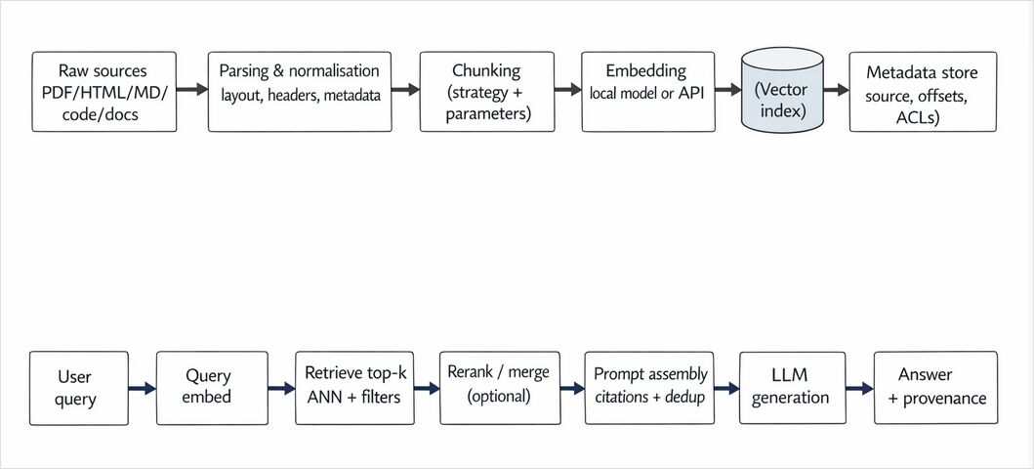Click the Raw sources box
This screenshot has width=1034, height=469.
(x=104, y=92)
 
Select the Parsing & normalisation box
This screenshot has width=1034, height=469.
(x=300, y=92)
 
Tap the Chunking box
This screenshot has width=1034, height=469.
(x=486, y=92)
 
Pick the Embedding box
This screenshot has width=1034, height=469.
(x=645, y=92)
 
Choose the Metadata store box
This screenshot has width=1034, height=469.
(x=923, y=92)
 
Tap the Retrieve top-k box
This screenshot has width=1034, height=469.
(x=354, y=388)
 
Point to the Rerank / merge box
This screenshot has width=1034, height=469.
(x=498, y=388)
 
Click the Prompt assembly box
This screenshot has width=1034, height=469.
(x=650, y=388)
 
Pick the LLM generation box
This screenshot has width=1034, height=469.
(x=791, y=388)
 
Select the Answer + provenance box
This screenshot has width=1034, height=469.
(x=935, y=388)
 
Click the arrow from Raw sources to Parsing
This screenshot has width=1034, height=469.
(x=192, y=90)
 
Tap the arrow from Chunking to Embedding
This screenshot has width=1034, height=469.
(x=566, y=90)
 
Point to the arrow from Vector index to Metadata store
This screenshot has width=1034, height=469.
(x=835, y=90)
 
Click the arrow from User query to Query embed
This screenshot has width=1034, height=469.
(x=141, y=388)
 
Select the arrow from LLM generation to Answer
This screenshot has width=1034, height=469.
(x=858, y=388)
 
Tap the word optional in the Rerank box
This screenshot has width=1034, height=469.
(x=499, y=398)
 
